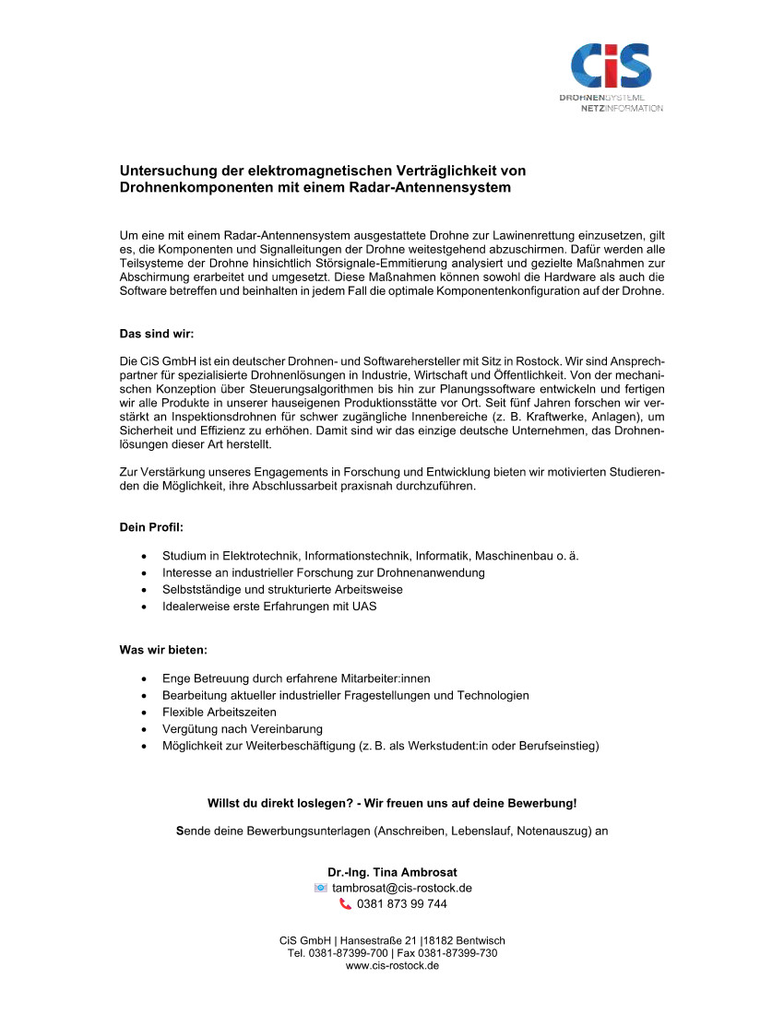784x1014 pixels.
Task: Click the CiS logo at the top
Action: point(611,66)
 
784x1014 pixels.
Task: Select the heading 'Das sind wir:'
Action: point(157,334)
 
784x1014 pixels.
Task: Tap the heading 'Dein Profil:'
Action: point(151,527)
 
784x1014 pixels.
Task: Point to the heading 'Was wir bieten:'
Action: point(163,650)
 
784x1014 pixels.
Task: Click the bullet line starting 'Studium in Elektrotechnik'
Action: point(370,556)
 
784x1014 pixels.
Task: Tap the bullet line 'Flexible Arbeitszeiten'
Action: point(220,713)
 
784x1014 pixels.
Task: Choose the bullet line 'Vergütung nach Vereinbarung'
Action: point(243,729)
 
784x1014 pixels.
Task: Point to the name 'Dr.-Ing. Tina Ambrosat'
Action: point(392,872)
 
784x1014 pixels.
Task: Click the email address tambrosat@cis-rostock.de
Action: point(402,888)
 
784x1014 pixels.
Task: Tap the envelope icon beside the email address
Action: point(320,888)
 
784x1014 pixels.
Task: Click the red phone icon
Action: point(345,904)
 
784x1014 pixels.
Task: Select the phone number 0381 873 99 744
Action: point(401,904)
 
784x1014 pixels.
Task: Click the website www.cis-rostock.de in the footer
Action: point(392,965)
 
